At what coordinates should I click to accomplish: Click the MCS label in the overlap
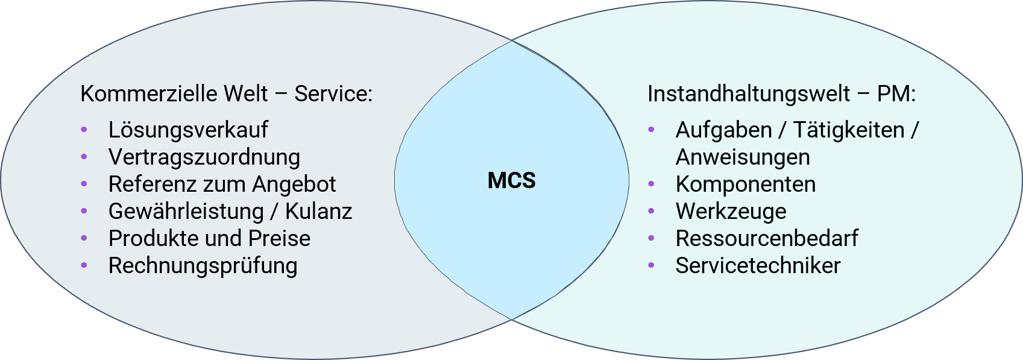point(511,180)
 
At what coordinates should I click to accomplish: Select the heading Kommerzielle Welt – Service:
point(226,94)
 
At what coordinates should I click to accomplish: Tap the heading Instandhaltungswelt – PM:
point(781,94)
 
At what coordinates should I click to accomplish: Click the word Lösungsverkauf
point(188,130)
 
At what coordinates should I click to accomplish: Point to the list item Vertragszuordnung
point(204,157)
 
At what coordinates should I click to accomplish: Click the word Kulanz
point(318,211)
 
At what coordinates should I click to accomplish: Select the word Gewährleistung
point(186,211)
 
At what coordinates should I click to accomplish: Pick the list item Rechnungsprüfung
point(203,265)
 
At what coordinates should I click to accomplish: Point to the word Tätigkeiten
point(849,130)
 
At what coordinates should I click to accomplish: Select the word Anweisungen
point(743,157)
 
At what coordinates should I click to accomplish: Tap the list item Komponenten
point(746,184)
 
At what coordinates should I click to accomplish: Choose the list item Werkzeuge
point(731,211)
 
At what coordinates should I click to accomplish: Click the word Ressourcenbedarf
point(767,238)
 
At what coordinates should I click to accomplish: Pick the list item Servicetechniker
point(758,265)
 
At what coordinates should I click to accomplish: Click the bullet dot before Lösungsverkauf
point(84,130)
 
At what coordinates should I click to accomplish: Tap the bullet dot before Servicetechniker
point(651,265)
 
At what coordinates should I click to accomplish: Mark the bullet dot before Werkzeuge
point(651,211)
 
